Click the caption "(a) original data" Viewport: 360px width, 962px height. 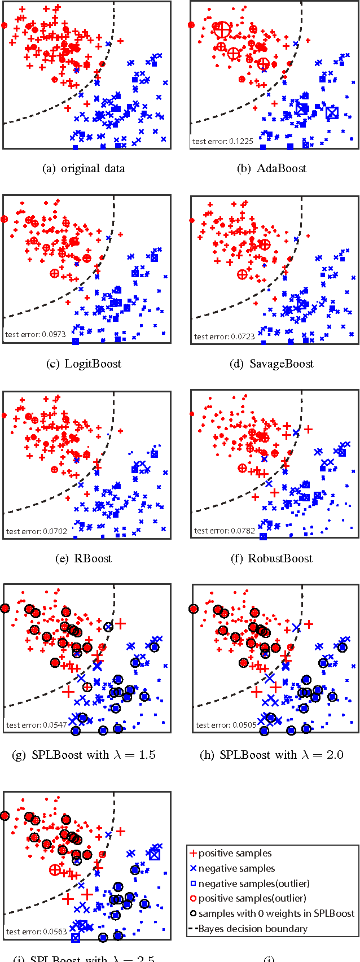click(84, 168)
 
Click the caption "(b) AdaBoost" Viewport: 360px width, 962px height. click(274, 168)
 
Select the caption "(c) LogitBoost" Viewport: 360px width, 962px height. click(84, 364)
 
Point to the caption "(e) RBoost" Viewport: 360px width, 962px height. click(84, 558)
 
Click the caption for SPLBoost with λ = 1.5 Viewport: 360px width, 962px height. click(84, 755)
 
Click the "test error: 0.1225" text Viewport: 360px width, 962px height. click(222, 141)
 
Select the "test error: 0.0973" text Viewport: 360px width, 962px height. click(36, 334)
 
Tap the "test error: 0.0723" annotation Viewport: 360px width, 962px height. click(224, 336)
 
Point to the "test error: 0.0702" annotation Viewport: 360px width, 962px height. click(36, 531)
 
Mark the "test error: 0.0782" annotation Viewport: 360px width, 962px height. click(224, 531)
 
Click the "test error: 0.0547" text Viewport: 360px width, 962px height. click(36, 725)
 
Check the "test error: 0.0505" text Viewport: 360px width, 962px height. click(226, 725)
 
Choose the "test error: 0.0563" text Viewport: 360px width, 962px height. click(36, 932)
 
